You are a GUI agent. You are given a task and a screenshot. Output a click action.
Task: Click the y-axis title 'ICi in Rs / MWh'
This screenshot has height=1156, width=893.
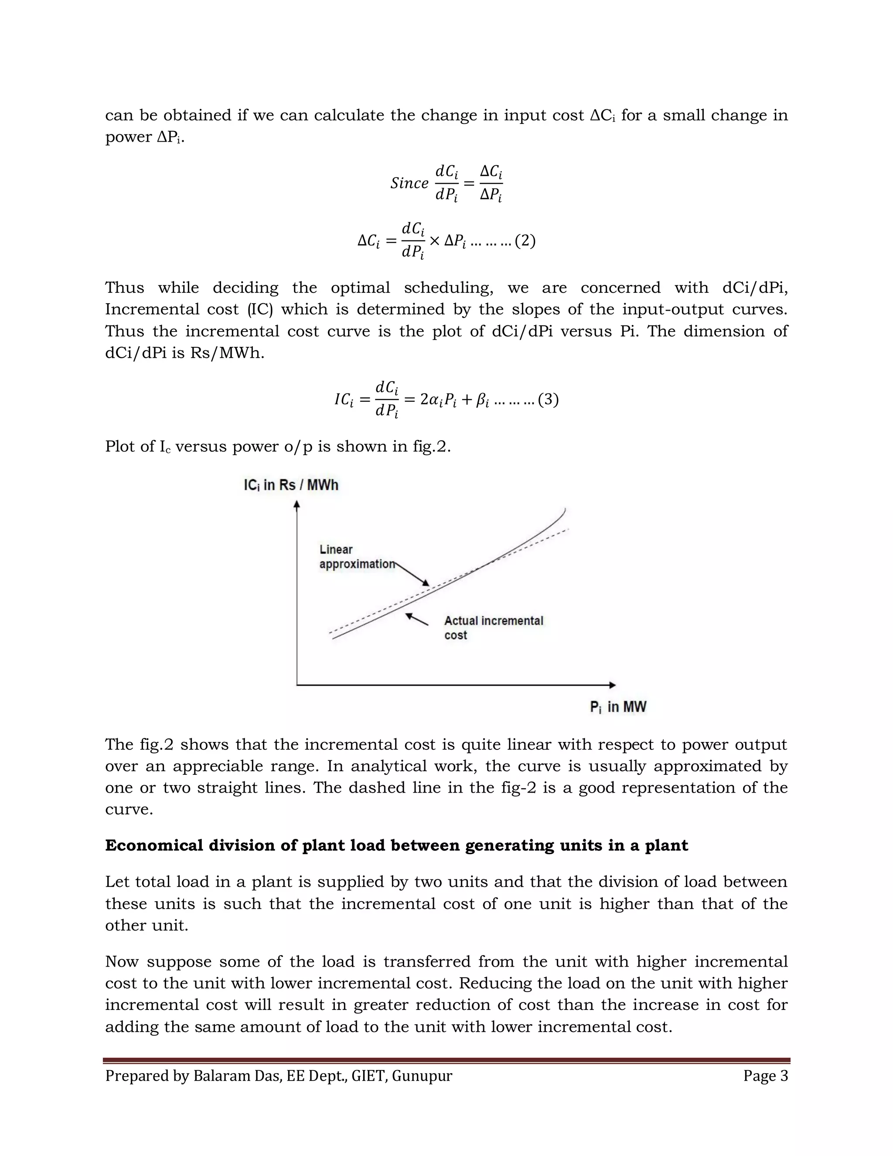[x=290, y=485]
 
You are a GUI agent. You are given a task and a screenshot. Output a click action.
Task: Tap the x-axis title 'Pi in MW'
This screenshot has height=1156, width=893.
[x=618, y=707]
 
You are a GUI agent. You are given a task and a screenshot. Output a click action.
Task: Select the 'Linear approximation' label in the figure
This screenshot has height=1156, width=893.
[x=357, y=557]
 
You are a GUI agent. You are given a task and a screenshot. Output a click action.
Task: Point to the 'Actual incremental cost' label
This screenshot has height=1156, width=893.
[x=493, y=627]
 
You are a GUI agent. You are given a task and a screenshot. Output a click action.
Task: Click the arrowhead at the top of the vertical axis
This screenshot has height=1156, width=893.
[x=297, y=506]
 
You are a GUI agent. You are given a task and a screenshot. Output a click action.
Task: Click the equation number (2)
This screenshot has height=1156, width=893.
[x=525, y=241]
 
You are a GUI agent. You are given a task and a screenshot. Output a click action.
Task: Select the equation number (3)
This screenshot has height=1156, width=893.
[x=548, y=399]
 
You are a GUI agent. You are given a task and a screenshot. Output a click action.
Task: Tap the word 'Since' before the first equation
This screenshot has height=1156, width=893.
[x=409, y=183]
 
